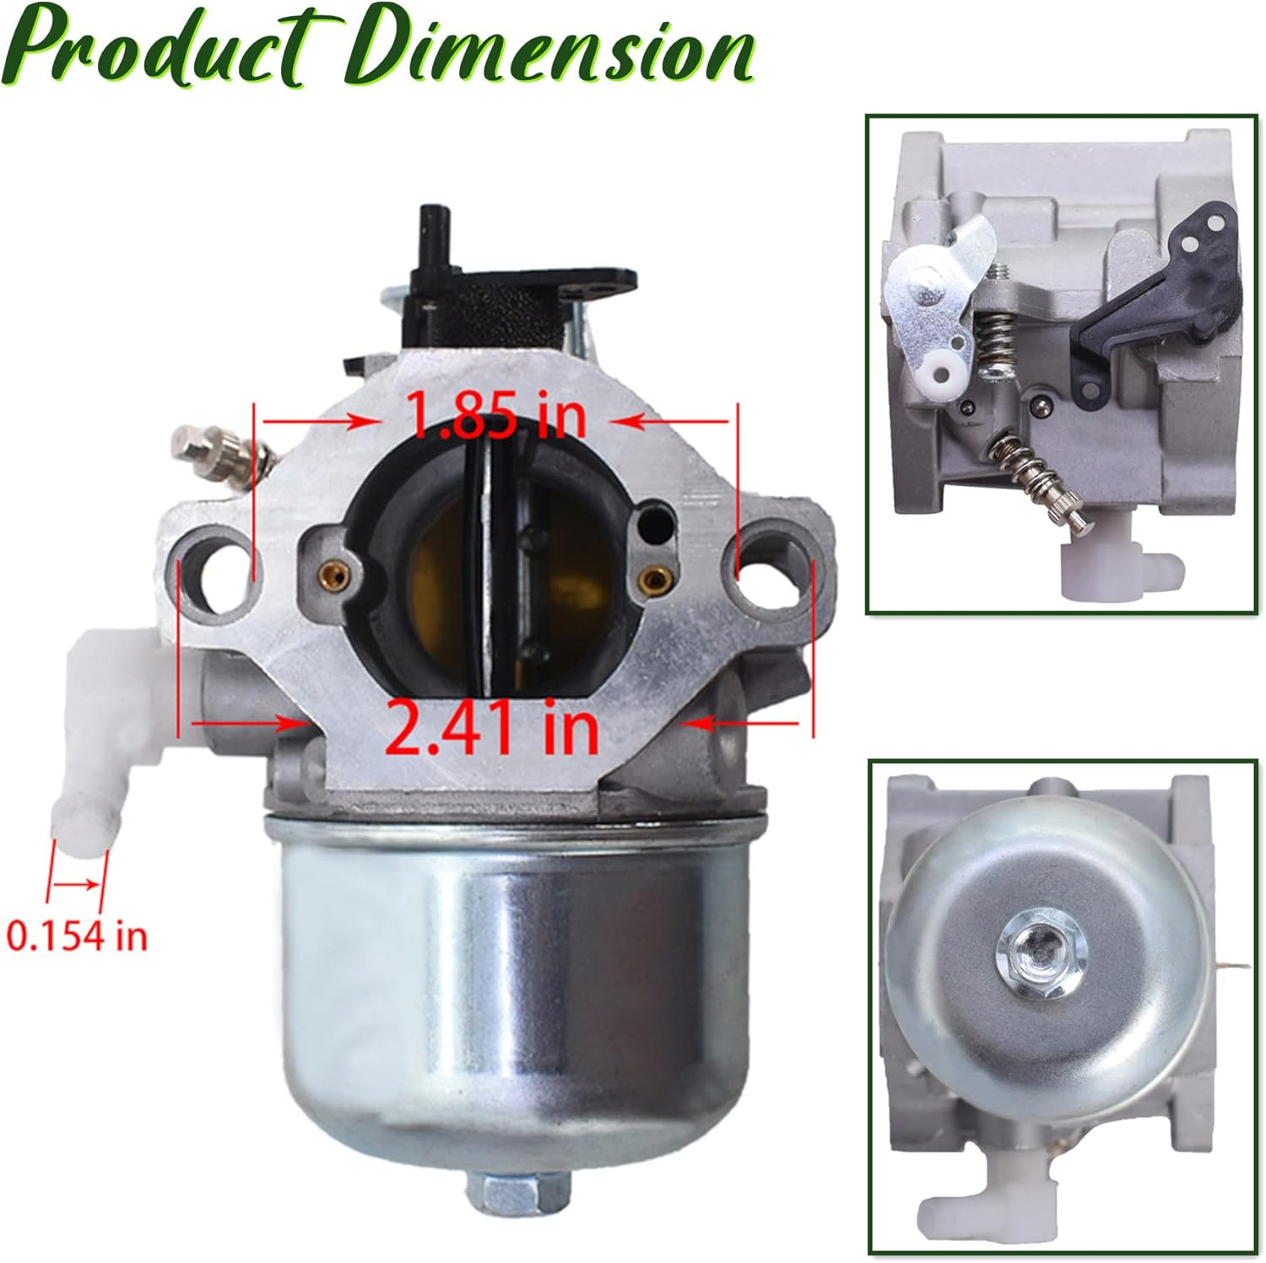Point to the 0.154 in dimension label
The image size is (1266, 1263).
[x=77, y=936]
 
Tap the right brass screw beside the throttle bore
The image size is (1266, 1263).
[x=651, y=577]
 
